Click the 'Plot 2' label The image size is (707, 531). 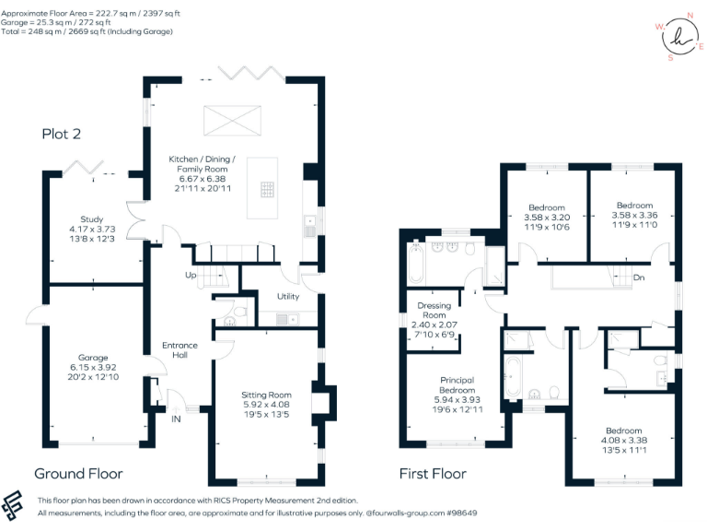click(x=62, y=134)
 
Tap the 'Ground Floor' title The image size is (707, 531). click(x=78, y=474)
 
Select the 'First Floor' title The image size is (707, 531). click(x=432, y=474)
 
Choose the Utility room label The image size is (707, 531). click(x=288, y=296)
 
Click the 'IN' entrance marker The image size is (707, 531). click(x=175, y=419)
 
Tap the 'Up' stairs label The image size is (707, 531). click(x=191, y=275)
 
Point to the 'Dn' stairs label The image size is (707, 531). click(x=638, y=277)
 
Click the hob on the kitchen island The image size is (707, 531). click(x=267, y=191)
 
